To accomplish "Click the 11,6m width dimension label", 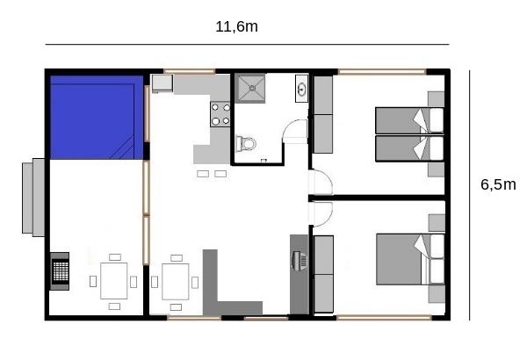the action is (x=236, y=27).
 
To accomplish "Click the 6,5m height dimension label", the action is (x=498, y=184).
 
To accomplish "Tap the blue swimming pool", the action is (x=97, y=117).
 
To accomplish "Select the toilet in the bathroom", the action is (x=246, y=144).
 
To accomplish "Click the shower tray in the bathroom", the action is (x=250, y=88).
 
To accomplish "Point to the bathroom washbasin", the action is (x=301, y=89).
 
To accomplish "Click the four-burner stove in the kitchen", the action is (x=220, y=114).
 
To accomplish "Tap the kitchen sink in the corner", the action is (x=162, y=83).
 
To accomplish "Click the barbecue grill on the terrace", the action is (x=60, y=271).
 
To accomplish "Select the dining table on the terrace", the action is (x=114, y=281).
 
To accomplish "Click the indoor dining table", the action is (x=176, y=282).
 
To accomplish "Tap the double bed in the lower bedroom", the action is (x=410, y=259).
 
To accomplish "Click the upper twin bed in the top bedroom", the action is (x=409, y=120).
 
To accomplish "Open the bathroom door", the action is (x=295, y=132).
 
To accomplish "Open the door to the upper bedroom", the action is (x=321, y=183).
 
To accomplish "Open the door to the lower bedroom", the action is (x=321, y=213).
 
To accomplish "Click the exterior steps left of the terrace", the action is (x=33, y=198).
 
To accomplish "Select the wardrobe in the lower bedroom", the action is (x=323, y=274).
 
